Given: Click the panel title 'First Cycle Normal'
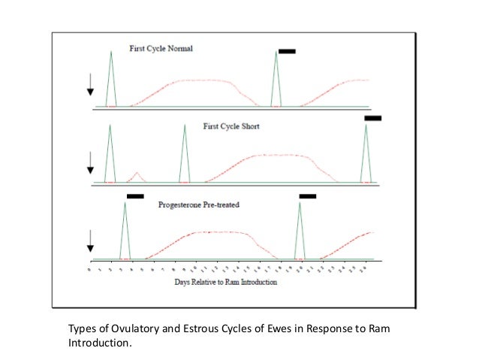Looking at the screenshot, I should click(x=161, y=49).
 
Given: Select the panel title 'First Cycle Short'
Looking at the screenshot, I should click(x=231, y=126).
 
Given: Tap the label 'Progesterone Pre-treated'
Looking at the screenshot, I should click(x=198, y=204).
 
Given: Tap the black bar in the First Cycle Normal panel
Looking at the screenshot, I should click(x=287, y=51).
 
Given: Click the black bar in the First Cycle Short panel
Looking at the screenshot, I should click(x=373, y=118).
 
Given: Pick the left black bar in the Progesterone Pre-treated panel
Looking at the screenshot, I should click(x=135, y=196).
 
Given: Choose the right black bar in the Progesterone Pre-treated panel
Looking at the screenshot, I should click(x=308, y=196).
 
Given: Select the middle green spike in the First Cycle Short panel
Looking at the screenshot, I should click(x=185, y=154).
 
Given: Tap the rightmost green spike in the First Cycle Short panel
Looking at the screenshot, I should click(x=366, y=154).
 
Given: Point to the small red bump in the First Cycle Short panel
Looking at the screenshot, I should click(x=137, y=177).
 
